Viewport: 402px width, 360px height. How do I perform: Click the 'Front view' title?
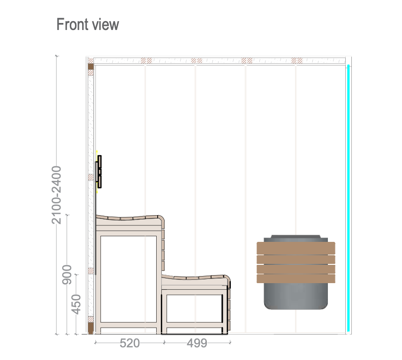87,24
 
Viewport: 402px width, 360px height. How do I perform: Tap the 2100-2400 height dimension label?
56,195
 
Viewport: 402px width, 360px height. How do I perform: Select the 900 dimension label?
67,274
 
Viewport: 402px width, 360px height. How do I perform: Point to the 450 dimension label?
76,304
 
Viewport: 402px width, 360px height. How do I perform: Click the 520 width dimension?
130,343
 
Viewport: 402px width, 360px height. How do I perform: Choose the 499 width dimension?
197,343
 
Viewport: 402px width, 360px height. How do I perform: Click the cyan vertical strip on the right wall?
349,198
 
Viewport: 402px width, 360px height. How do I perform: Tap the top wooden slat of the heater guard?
296,248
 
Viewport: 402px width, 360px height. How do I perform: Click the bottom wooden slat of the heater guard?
296,278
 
